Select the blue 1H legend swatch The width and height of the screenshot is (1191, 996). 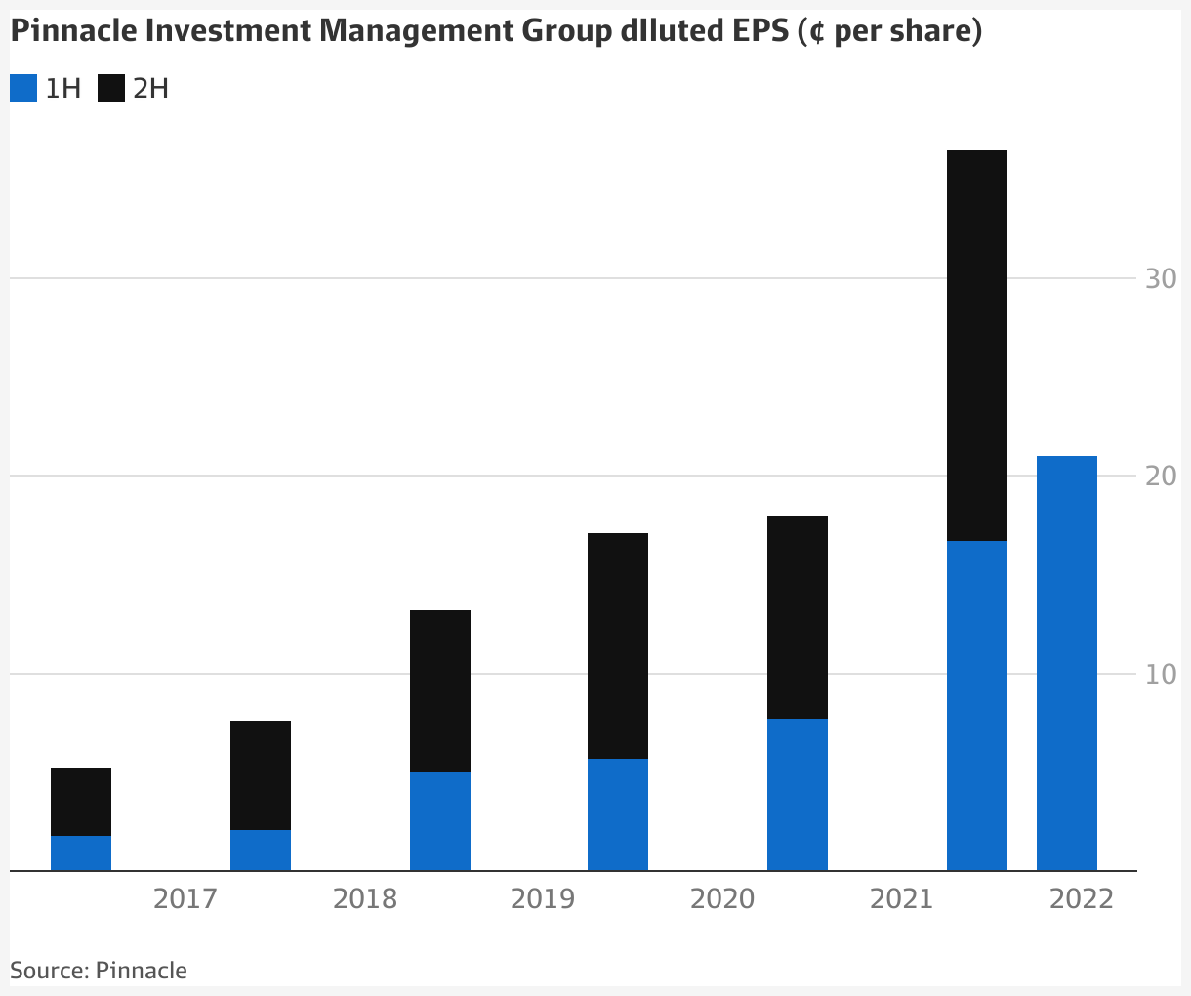click(23, 89)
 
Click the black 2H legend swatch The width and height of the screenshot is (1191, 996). click(111, 89)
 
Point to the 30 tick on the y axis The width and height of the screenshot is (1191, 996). click(1161, 279)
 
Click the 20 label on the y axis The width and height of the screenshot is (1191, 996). click(1161, 477)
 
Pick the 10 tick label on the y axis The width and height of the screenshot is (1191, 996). click(1161, 674)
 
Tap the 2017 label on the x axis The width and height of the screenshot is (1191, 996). click(185, 898)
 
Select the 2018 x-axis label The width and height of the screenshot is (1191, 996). click(364, 898)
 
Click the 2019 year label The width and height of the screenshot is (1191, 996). click(543, 898)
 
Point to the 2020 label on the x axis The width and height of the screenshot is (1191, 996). click(722, 898)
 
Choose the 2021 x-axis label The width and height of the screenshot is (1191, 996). click(901, 898)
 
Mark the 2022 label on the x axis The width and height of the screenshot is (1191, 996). click(1081, 898)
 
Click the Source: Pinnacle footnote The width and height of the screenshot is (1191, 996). click(99, 971)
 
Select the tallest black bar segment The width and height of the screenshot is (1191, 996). click(977, 346)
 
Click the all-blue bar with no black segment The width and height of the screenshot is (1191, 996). click(1066, 663)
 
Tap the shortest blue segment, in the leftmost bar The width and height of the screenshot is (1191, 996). click(81, 853)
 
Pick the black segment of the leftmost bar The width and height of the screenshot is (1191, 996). click(81, 802)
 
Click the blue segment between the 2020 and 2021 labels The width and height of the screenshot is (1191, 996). click(798, 794)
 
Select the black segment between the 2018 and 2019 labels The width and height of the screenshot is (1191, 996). click(440, 691)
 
